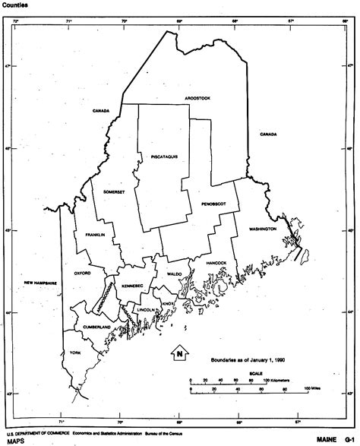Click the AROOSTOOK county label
(x=196, y=98)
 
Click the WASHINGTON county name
(x=261, y=227)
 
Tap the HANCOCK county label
(x=216, y=262)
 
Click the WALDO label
(x=174, y=274)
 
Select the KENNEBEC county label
(x=131, y=285)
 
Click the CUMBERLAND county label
(x=97, y=327)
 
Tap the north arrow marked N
(x=178, y=353)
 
